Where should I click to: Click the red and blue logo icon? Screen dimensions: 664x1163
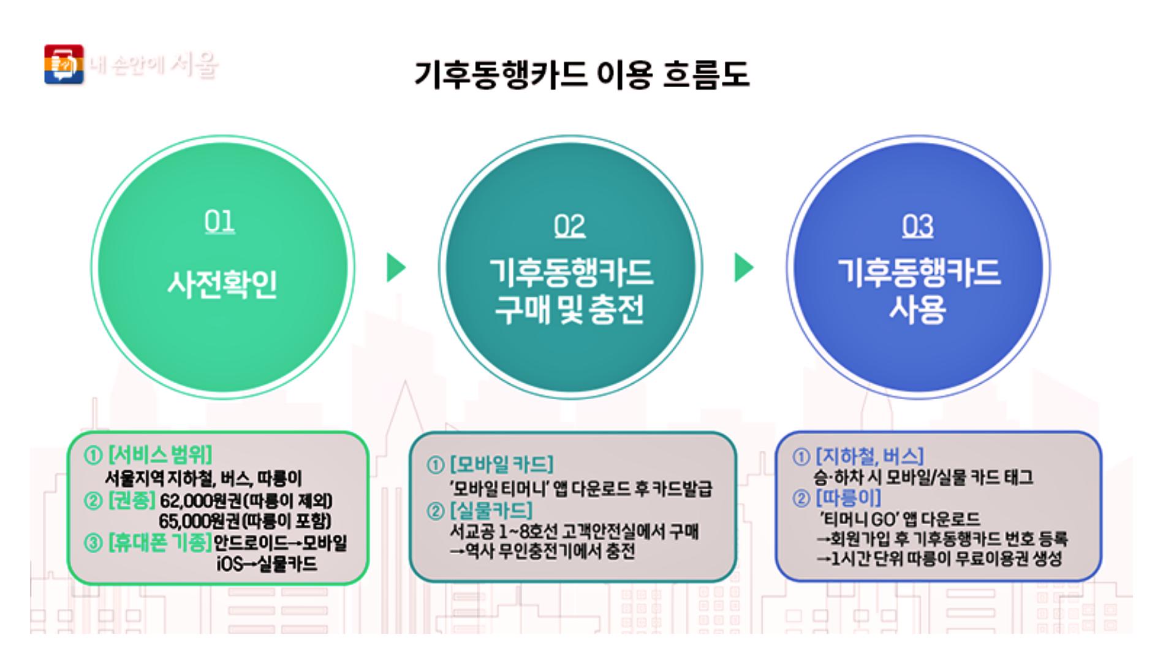[64, 64]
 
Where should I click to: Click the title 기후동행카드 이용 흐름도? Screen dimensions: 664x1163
[581, 75]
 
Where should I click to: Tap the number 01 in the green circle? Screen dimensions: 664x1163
[219, 222]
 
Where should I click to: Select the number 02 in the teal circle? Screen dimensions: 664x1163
[569, 226]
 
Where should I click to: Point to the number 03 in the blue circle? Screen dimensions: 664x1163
[917, 226]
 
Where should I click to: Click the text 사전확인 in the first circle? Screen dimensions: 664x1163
[222, 284]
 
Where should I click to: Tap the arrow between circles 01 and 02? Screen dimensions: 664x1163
[396, 267]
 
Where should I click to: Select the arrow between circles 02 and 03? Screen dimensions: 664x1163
[743, 267]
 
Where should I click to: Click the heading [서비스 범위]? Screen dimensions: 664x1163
[160, 456]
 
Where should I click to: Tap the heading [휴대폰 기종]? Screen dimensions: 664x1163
[159, 543]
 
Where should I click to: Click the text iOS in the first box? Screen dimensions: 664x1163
[229, 563]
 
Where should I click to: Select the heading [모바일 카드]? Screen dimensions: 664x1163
[501, 465]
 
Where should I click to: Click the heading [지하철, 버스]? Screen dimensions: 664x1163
[869, 456]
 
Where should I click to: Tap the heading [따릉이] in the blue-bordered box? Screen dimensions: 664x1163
[848, 497]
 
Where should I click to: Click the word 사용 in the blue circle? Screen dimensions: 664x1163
[917, 309]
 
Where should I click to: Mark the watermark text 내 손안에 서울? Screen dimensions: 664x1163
[154, 64]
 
